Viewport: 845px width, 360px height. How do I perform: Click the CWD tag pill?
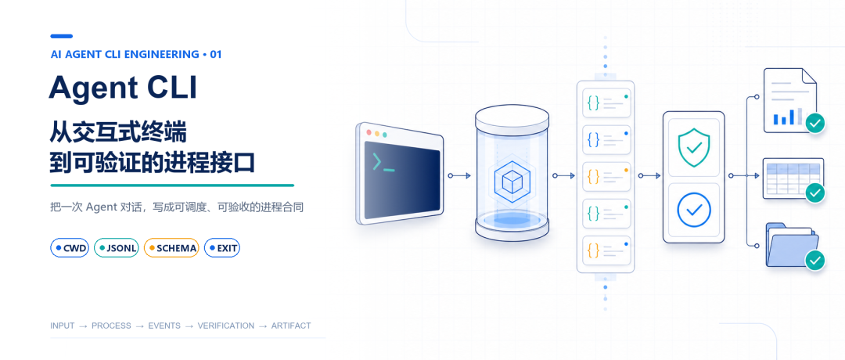[70, 248]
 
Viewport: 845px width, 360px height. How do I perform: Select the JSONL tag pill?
[117, 248]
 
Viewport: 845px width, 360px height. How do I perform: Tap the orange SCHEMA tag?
[171, 248]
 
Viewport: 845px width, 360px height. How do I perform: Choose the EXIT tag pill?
[222, 248]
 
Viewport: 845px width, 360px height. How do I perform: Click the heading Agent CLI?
[123, 88]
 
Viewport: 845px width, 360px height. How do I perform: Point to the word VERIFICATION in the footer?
[226, 326]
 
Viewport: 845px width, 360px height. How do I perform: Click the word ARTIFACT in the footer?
[291, 326]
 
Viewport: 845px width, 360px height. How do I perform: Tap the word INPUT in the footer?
[62, 326]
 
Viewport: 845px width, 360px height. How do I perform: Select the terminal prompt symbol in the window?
[383, 163]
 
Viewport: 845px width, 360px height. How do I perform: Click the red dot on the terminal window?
[369, 132]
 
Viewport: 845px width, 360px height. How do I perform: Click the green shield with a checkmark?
[693, 148]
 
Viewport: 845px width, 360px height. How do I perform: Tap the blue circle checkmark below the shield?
[693, 208]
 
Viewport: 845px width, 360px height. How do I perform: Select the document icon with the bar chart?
[790, 100]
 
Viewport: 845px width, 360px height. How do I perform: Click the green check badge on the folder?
[815, 261]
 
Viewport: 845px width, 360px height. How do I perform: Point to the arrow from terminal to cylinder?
[460, 175]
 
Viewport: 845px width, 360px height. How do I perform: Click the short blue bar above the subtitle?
[62, 36]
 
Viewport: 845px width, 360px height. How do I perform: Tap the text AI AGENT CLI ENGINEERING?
[124, 55]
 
